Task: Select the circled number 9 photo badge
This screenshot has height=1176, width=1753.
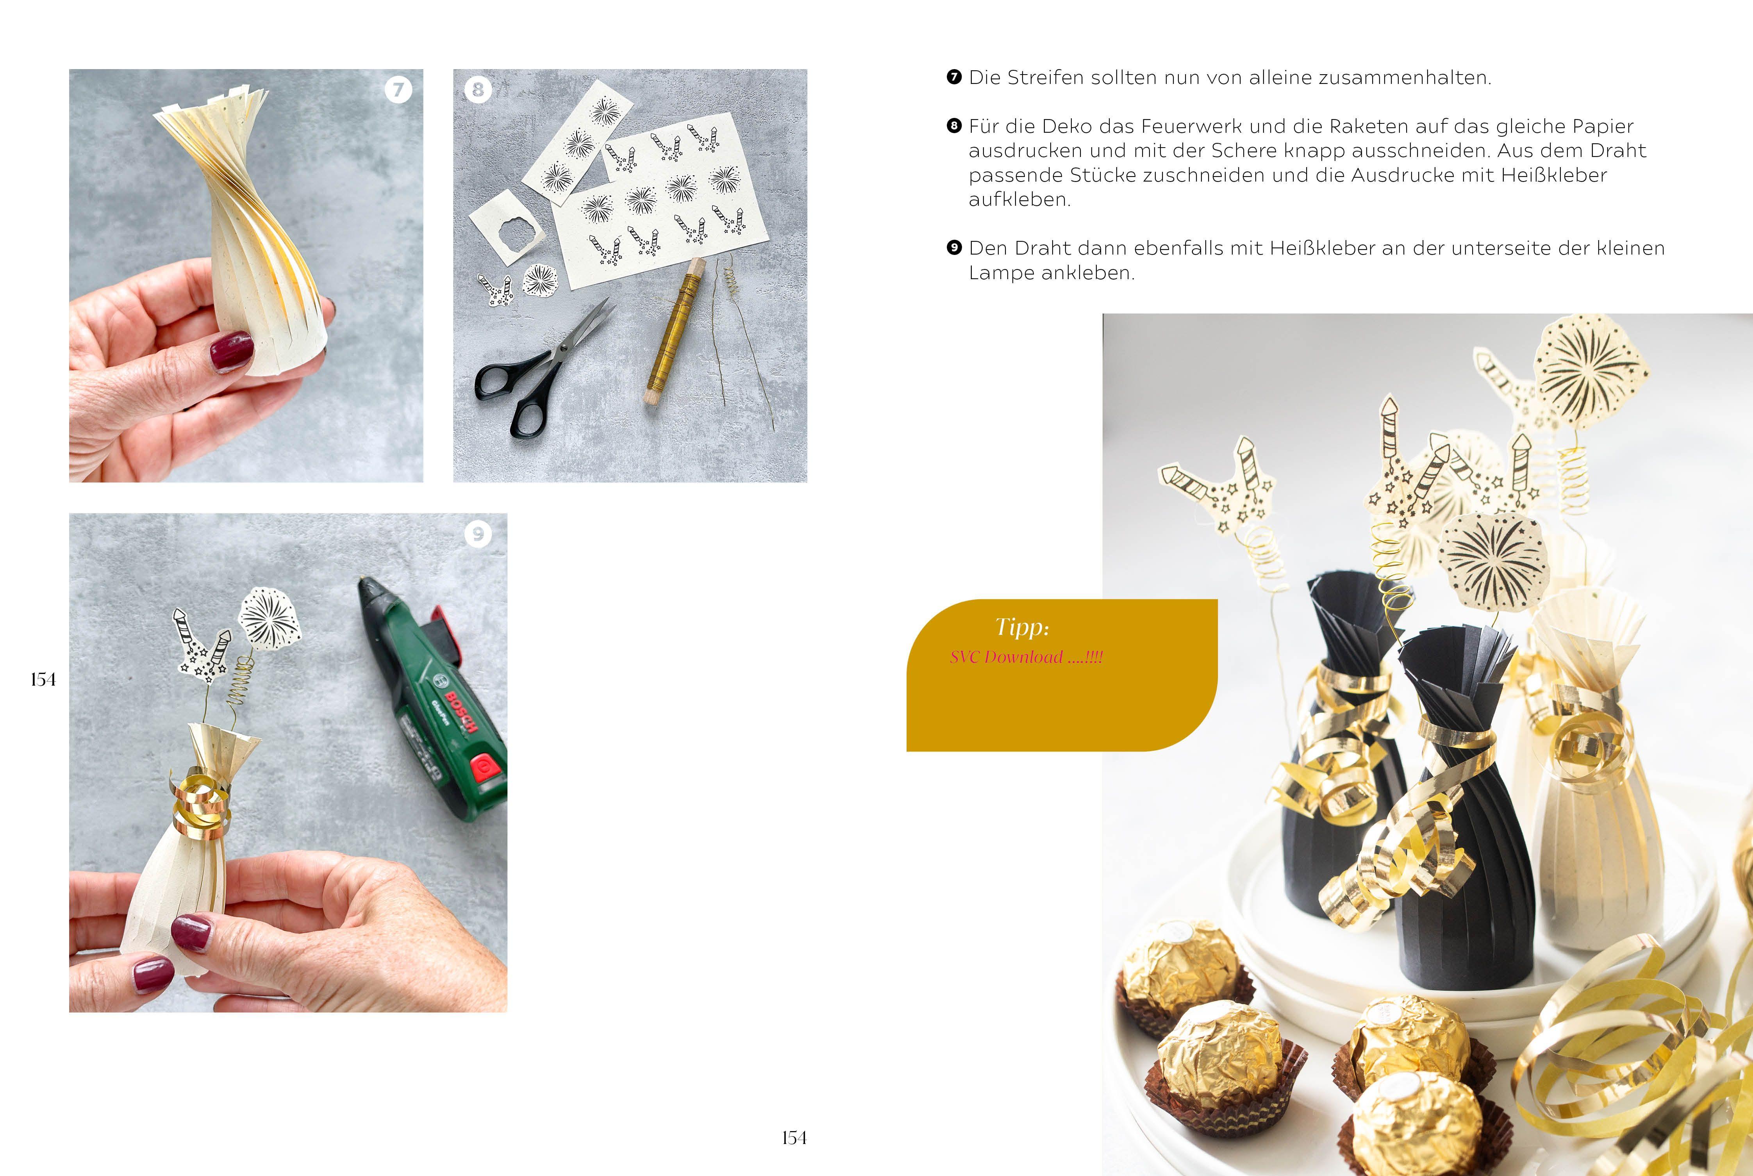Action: (478, 534)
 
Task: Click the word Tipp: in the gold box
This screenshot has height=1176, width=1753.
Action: (1023, 627)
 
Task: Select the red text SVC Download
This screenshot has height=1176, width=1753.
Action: (1006, 657)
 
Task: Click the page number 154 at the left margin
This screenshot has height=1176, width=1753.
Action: (43, 679)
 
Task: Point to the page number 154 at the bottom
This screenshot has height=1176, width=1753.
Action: (794, 1138)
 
